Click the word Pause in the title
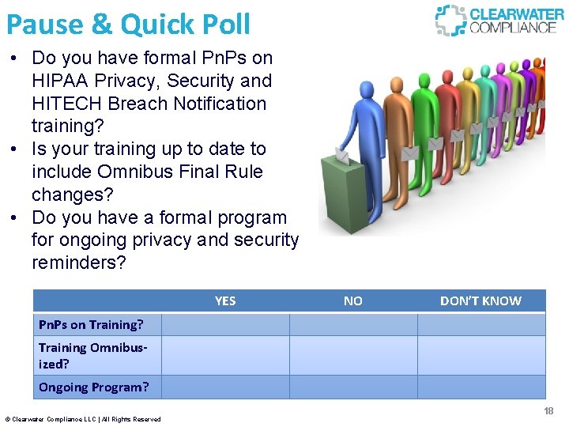(44, 24)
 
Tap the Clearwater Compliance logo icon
(450, 20)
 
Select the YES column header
(225, 300)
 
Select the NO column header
(353, 300)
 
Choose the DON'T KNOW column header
(480, 300)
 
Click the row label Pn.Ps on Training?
(91, 324)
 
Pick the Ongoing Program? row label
(93, 387)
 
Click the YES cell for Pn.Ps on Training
(225, 324)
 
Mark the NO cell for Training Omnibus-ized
(353, 355)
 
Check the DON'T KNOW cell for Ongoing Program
(480, 387)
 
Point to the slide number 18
(548, 411)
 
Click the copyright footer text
(83, 419)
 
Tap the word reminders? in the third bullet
(78, 263)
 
